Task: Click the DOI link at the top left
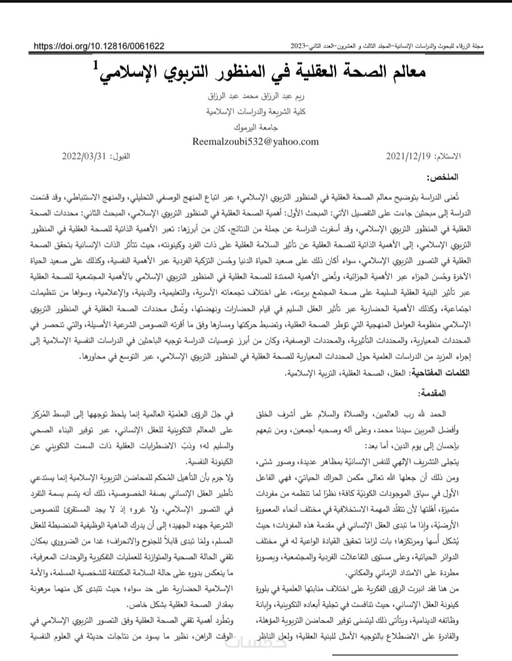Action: coord(99,46)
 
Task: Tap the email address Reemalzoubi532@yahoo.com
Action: coord(255,141)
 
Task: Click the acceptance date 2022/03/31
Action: coord(83,156)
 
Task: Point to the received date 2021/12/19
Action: coord(409,156)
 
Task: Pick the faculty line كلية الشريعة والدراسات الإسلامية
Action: coord(256,112)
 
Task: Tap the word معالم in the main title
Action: coord(406,73)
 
